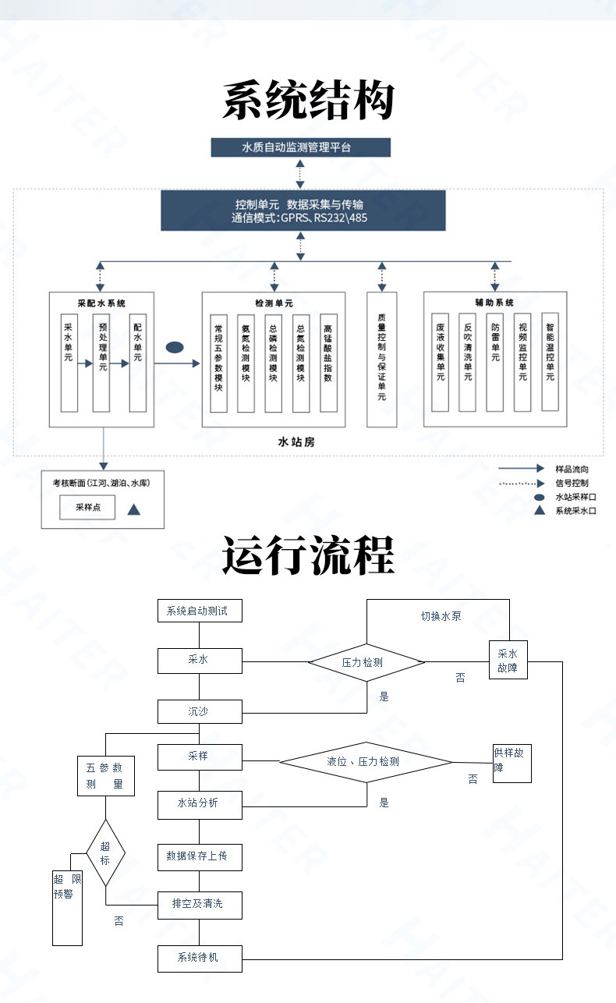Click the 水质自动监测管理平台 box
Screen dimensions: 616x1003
click(300, 147)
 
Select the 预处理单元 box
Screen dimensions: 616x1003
click(101, 363)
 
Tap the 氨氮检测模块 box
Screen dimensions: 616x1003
click(246, 363)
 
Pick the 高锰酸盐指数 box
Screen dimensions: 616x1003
click(328, 363)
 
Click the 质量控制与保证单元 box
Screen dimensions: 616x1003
click(381, 360)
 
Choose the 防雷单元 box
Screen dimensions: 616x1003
click(494, 362)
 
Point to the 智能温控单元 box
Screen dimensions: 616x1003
click(550, 362)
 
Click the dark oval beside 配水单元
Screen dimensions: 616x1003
click(175, 347)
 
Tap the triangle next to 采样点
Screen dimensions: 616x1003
click(134, 509)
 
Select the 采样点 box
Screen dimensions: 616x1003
click(87, 507)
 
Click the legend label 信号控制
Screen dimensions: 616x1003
click(572, 483)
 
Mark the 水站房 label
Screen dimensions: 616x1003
click(296, 442)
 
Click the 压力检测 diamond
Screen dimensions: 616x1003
click(366, 662)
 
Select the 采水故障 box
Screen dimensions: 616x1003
click(508, 660)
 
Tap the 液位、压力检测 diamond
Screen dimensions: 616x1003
click(366, 762)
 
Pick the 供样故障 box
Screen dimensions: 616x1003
click(512, 764)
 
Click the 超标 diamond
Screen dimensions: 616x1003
click(105, 852)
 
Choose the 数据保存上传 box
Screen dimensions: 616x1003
click(200, 857)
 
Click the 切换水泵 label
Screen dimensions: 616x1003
click(441, 616)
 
